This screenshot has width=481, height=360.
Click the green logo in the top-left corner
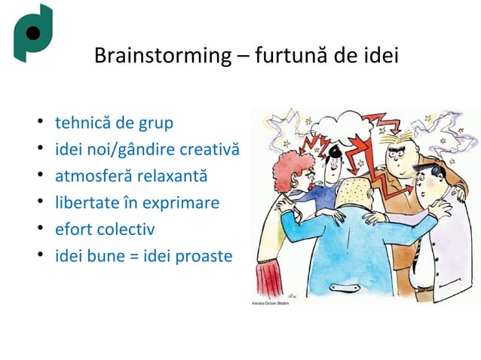(x=32, y=34)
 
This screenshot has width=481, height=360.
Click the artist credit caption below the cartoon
(x=268, y=304)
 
